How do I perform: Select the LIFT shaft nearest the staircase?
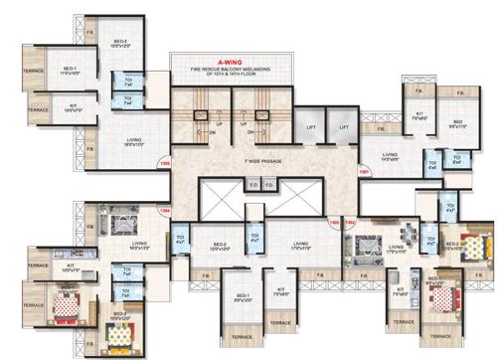311,127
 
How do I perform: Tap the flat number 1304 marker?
165,211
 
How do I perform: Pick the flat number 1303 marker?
334,222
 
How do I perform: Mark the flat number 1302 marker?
349,222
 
